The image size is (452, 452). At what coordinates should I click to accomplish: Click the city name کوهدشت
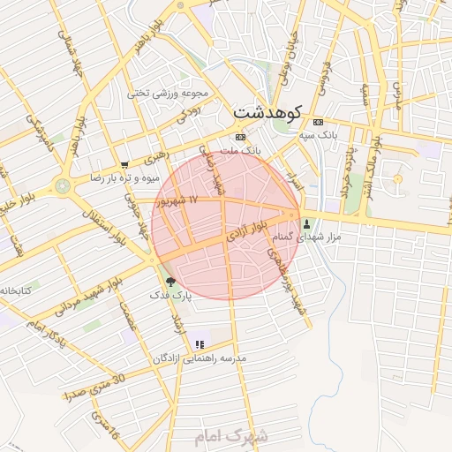pos(268,112)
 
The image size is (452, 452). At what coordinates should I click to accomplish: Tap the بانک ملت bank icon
pos(240,138)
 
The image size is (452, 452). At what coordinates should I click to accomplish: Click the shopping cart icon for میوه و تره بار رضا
pos(124,165)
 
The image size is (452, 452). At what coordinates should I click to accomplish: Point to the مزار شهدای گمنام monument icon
pos(306,223)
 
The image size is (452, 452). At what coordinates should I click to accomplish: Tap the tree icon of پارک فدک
pos(170,282)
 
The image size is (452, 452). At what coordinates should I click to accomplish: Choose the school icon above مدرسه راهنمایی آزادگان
pos(200,344)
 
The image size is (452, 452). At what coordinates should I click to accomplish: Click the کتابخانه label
pos(16,290)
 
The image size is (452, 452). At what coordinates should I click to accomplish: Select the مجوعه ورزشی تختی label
pos(168,93)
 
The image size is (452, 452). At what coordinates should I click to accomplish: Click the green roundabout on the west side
pos(63,185)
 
